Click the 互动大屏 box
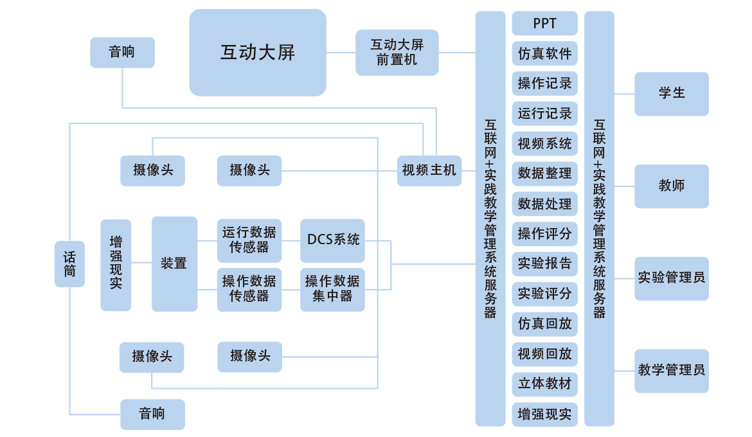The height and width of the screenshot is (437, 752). pos(258,53)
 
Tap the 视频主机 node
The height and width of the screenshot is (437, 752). pos(429,170)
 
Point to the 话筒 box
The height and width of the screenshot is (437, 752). pos(69,263)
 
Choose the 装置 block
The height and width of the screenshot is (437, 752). pos(174,263)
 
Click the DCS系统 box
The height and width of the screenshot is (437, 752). pos(332,240)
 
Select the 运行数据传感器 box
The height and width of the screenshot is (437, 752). pos(249,240)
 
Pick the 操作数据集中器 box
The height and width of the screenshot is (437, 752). pos(332,289)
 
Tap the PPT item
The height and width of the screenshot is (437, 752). pos(544,24)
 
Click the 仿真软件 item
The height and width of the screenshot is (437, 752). pos(544,54)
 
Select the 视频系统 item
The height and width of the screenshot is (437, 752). pos(544,144)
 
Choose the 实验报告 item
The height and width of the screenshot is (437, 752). pos(544,263)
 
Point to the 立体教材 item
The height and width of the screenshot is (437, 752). pos(544,384)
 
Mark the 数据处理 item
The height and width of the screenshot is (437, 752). pos(544,204)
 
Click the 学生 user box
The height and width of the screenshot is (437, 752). pos(672,94)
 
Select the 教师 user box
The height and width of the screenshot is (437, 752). pos(672,186)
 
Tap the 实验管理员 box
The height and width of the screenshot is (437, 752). pos(672,278)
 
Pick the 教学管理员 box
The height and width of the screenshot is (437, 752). pos(672,370)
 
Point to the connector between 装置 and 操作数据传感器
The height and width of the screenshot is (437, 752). pos(207,289)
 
